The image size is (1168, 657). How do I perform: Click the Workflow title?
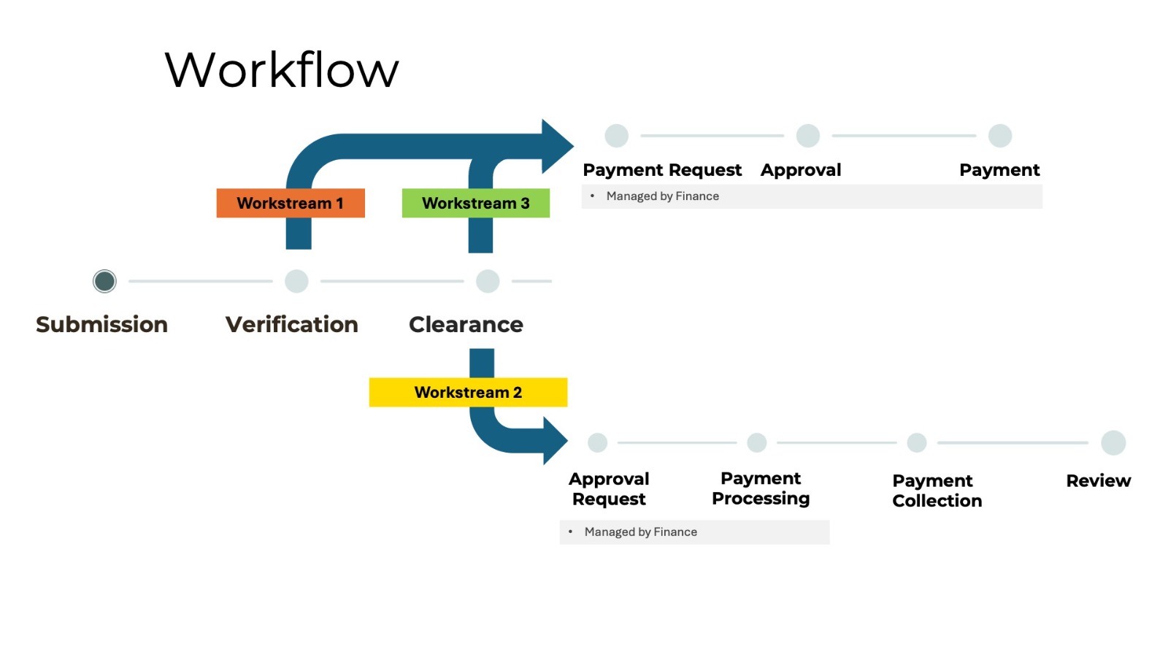click(282, 70)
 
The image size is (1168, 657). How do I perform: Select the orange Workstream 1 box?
click(290, 203)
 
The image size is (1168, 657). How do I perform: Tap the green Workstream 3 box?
click(475, 203)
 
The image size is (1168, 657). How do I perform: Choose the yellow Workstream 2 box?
click(468, 392)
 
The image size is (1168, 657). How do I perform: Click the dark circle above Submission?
click(104, 281)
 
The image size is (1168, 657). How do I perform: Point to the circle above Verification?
click(296, 281)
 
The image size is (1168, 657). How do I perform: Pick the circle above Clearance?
click(488, 281)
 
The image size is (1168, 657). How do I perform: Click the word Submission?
click(101, 324)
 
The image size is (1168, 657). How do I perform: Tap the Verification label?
click(291, 324)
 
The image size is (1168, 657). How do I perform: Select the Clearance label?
click(466, 324)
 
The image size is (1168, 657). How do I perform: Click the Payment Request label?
click(662, 170)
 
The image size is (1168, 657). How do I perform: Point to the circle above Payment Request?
click(617, 136)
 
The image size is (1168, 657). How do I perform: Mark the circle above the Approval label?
click(807, 136)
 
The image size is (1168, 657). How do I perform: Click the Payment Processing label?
click(761, 488)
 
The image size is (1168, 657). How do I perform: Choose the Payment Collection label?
click(937, 491)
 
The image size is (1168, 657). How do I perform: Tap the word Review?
click(1098, 481)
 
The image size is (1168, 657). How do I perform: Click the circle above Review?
click(1113, 442)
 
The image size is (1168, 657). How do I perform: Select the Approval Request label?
click(609, 489)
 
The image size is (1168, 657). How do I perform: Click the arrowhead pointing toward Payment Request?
click(557, 146)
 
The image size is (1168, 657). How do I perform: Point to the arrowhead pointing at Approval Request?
click(555, 441)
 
